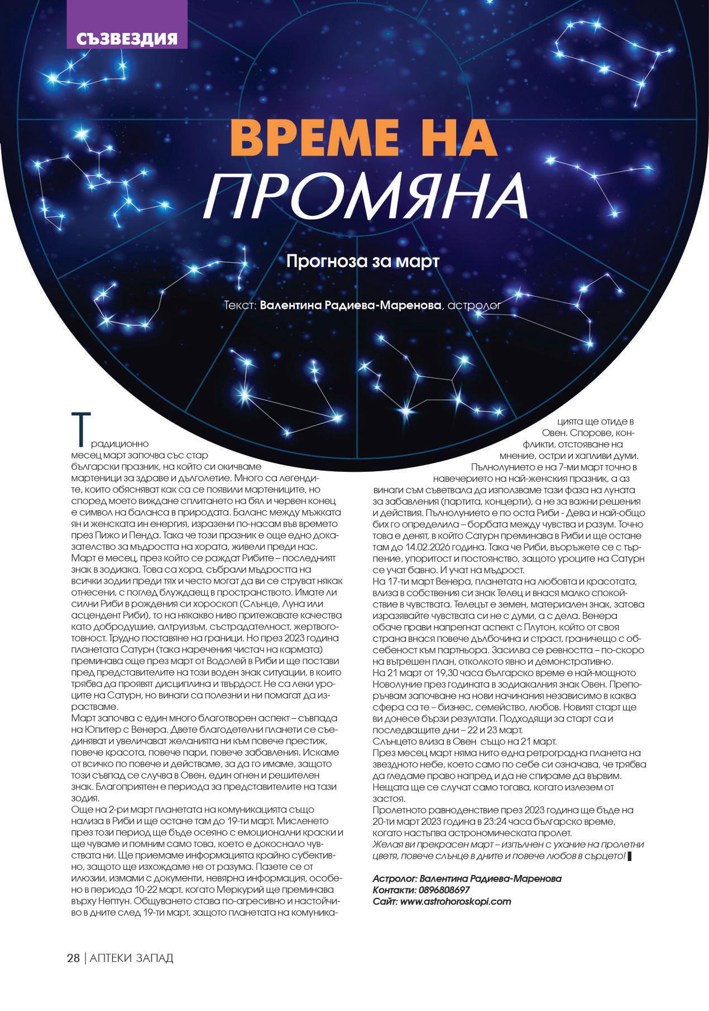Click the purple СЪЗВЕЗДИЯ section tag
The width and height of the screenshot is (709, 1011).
pos(126,38)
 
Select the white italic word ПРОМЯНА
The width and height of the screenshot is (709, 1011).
pos(366,196)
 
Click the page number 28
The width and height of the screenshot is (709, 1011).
pos(73,958)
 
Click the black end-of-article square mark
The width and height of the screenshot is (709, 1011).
pos(630,855)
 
